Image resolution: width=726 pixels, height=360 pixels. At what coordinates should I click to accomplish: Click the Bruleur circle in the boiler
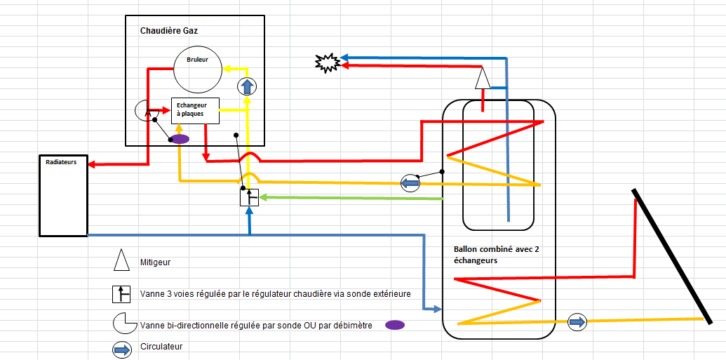click(198, 69)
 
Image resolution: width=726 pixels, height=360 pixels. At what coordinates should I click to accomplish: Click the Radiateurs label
click(61, 161)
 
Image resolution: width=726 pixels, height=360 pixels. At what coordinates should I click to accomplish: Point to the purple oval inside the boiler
click(180, 139)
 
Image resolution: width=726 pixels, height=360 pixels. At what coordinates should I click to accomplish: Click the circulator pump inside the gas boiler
click(247, 87)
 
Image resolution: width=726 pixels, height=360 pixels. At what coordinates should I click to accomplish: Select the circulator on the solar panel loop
click(577, 322)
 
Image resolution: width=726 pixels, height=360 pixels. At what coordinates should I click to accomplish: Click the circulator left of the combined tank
click(410, 184)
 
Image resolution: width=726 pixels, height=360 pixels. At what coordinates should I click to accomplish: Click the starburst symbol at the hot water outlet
click(327, 63)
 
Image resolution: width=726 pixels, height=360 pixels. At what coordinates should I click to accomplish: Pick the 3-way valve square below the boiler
click(250, 197)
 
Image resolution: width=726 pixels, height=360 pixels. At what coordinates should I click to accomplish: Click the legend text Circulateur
click(162, 346)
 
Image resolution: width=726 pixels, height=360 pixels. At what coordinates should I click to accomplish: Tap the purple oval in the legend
click(395, 325)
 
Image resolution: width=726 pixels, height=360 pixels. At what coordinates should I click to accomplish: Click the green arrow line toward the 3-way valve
click(351, 198)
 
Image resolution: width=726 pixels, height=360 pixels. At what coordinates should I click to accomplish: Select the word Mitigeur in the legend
click(156, 262)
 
